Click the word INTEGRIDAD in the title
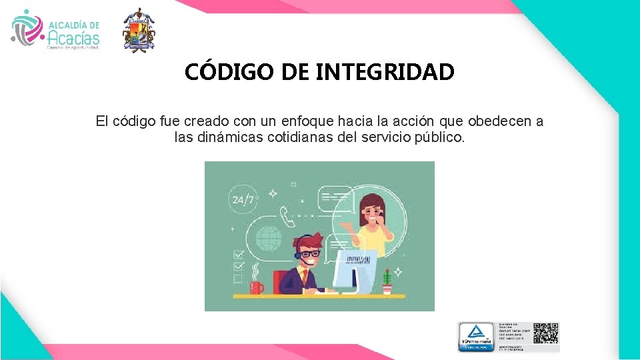point(385,71)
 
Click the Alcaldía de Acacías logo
point(56,31)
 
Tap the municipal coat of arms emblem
point(139,31)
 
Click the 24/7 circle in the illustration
point(243,199)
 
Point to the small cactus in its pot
point(387,283)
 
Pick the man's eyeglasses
point(309,254)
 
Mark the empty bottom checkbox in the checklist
point(238,279)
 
